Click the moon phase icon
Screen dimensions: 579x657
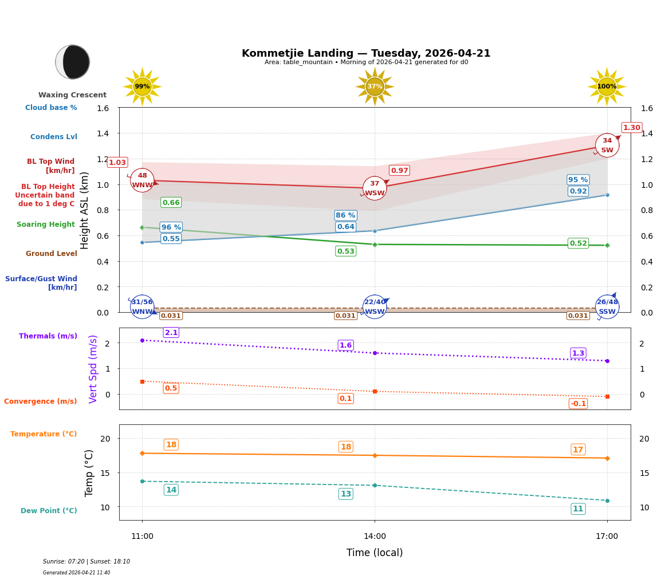point(73,62)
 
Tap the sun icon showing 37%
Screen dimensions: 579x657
point(375,86)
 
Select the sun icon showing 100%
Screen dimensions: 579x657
point(607,86)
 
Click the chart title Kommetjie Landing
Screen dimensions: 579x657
point(366,53)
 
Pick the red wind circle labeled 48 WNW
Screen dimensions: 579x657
point(142,180)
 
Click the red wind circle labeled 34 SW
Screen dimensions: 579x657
point(607,145)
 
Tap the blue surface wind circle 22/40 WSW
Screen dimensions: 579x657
point(375,307)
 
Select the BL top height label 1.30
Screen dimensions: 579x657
point(631,128)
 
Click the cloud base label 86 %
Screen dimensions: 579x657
point(345,215)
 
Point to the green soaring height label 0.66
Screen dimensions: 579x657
point(171,203)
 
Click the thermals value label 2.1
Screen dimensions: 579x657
point(171,333)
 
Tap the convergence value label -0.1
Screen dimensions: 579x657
point(578,404)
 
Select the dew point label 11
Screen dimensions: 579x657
point(578,509)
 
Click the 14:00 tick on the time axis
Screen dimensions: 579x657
point(375,537)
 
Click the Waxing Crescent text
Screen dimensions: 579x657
point(72,95)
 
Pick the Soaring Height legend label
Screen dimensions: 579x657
point(46,224)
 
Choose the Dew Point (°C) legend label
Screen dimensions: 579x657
point(49,511)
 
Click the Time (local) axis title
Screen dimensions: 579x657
point(375,553)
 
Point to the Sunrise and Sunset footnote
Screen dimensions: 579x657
point(86,562)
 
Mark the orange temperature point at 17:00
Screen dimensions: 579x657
point(607,458)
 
